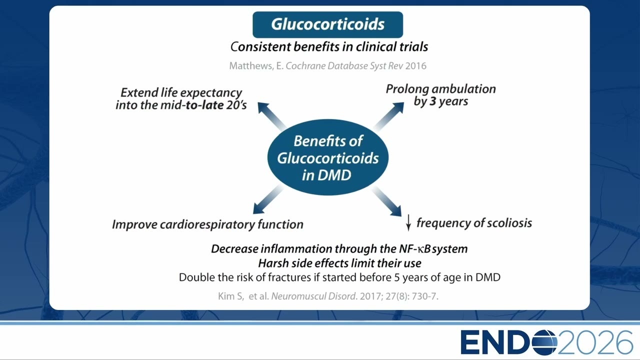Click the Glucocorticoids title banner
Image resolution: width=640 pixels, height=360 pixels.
click(x=327, y=24)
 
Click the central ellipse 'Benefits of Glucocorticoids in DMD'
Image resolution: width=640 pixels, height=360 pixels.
click(x=327, y=157)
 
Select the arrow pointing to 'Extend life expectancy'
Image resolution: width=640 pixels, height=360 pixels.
click(x=271, y=116)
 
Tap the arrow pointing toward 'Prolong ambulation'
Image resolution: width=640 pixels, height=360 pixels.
click(x=389, y=116)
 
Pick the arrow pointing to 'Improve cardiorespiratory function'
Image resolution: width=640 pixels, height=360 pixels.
click(x=268, y=199)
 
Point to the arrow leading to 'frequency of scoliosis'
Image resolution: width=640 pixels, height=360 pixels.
click(x=387, y=201)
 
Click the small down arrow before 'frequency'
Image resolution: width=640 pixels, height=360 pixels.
click(x=408, y=222)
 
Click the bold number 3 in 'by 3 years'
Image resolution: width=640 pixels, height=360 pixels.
click(x=433, y=101)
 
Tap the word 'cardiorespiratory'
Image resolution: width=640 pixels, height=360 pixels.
click(x=207, y=225)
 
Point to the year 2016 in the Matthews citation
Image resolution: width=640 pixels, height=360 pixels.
click(x=415, y=66)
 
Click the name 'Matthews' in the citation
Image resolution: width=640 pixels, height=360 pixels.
click(x=251, y=66)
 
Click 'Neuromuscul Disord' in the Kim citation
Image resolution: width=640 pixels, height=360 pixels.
click(x=313, y=296)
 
